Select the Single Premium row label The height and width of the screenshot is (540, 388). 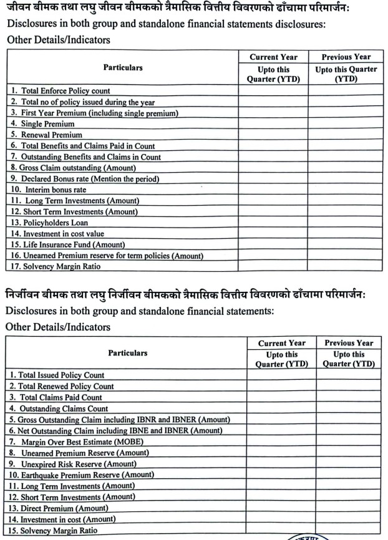click(42, 124)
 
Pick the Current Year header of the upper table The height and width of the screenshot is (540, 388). click(273, 57)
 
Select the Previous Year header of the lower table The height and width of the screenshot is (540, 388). click(349, 343)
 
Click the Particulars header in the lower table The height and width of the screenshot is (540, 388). click(128, 353)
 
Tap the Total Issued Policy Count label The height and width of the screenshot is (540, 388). click(57, 375)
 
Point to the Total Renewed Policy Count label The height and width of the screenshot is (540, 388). click(62, 387)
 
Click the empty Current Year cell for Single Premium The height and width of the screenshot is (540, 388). click(273, 124)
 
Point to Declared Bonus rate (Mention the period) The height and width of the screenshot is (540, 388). click(84, 179)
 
